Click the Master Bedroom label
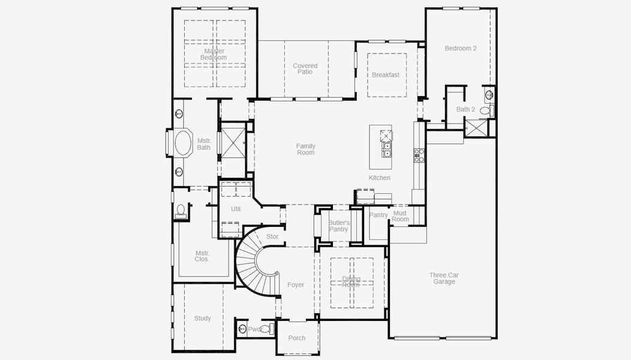214,55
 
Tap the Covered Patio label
305,69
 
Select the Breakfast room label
386,75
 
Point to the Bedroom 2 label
461,48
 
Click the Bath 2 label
465,109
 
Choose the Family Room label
305,149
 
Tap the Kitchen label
380,178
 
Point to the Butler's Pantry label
338,226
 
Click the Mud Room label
400,216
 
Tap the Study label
203,319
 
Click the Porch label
297,338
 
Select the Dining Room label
351,281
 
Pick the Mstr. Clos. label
202,256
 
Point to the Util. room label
236,209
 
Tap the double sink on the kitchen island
387,149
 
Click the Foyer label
296,285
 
